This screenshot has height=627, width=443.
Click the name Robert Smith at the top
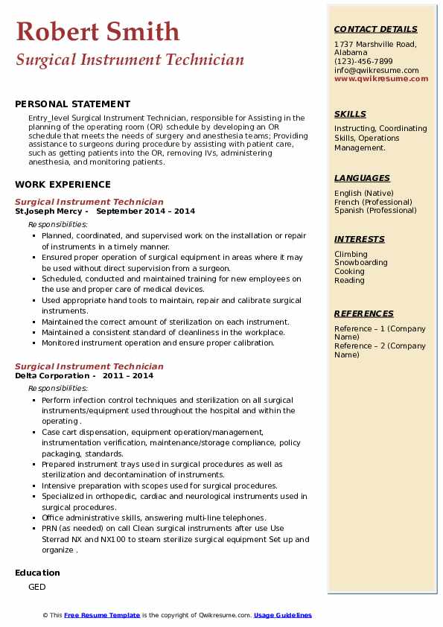point(98,31)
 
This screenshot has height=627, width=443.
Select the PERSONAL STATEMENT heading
point(72,104)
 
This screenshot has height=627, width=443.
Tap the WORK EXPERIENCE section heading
point(63,185)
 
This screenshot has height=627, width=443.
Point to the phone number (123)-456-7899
point(363,62)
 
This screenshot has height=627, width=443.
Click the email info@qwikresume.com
point(376,71)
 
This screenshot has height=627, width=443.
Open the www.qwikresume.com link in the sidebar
point(381,79)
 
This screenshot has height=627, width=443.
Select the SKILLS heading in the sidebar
point(350,114)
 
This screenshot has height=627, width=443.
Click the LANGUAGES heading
point(362,178)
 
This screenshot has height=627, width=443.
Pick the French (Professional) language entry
point(373,202)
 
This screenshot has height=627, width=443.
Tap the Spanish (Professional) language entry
point(375,211)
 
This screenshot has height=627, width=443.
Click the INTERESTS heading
point(360,239)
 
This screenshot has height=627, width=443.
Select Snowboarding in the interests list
point(360,263)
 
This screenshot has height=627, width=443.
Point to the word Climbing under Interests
point(351,254)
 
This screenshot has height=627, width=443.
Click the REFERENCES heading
point(364,313)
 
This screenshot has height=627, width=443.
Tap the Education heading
point(37,573)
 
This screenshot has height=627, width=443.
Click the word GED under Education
point(37,587)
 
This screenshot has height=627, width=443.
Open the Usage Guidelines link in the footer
point(283,615)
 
